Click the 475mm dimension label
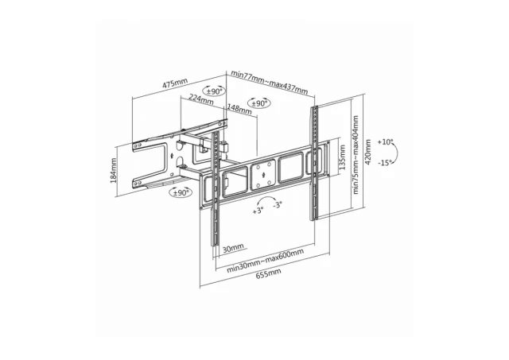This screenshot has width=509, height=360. [176, 83]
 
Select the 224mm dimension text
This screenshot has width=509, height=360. [201, 100]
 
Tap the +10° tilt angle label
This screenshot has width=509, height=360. [386, 142]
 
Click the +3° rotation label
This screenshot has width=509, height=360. [258, 211]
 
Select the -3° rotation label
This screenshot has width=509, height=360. [278, 204]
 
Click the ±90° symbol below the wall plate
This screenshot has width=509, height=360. [181, 193]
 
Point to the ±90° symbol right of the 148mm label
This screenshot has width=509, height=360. [259, 103]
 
